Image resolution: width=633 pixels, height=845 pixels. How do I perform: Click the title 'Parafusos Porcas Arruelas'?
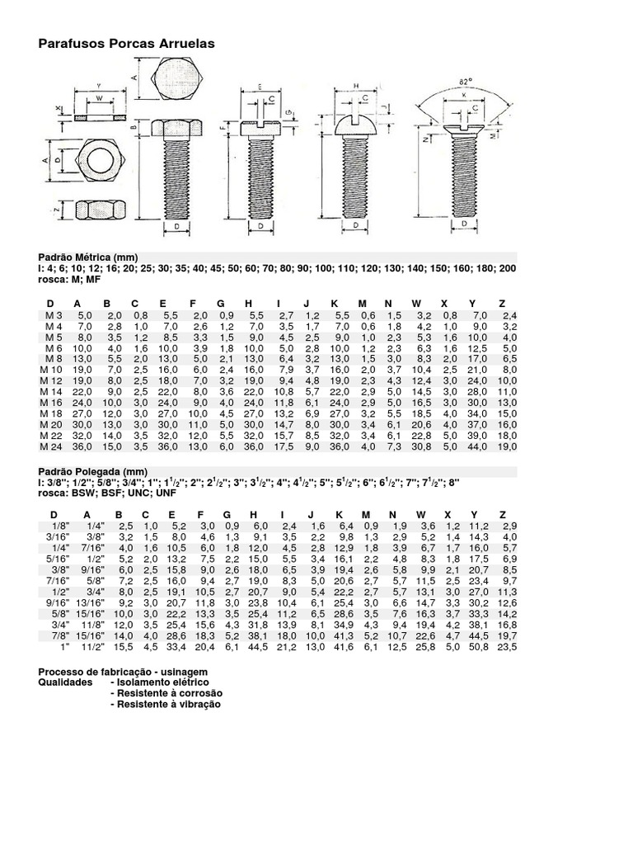pos(126,43)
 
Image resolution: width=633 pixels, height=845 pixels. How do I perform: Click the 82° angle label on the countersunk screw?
pos(466,81)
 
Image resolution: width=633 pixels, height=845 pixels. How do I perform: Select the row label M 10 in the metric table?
pos(52,370)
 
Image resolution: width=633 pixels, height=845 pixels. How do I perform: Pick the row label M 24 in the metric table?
pos(52,446)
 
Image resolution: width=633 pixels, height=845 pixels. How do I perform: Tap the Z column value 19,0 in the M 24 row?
pos(506,446)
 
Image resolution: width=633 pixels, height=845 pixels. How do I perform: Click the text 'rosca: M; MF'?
pos(70,279)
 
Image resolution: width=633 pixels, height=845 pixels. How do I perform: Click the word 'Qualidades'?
pos(65,684)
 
